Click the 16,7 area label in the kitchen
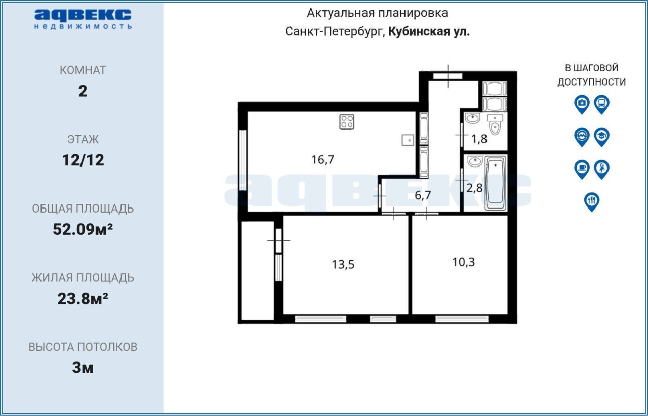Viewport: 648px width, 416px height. pos(322,160)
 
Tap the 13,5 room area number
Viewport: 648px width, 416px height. pos(343,264)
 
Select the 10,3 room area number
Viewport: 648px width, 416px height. pos(463,262)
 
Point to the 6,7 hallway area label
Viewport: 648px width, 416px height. pos(423,195)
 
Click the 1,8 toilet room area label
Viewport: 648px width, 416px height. pos(479,139)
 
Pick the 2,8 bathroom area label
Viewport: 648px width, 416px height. pos(474,188)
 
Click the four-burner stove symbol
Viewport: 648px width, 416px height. pos(347,121)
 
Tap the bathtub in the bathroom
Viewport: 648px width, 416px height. pos(495,183)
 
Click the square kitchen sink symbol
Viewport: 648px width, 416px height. pos(408,140)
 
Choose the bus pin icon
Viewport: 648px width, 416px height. pos(602,104)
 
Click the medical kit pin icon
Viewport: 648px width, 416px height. pos(582,104)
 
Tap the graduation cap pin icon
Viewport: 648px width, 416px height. pos(602,137)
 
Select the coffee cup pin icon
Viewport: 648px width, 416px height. pos(582,170)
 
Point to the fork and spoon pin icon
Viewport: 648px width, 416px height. pos(592,202)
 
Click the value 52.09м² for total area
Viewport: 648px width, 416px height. pos(83,229)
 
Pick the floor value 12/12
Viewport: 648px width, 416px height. pos(83,160)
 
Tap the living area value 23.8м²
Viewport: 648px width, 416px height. pos(83,299)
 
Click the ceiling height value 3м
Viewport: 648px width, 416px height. pos(83,368)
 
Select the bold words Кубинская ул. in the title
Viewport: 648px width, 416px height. pos(429,32)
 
